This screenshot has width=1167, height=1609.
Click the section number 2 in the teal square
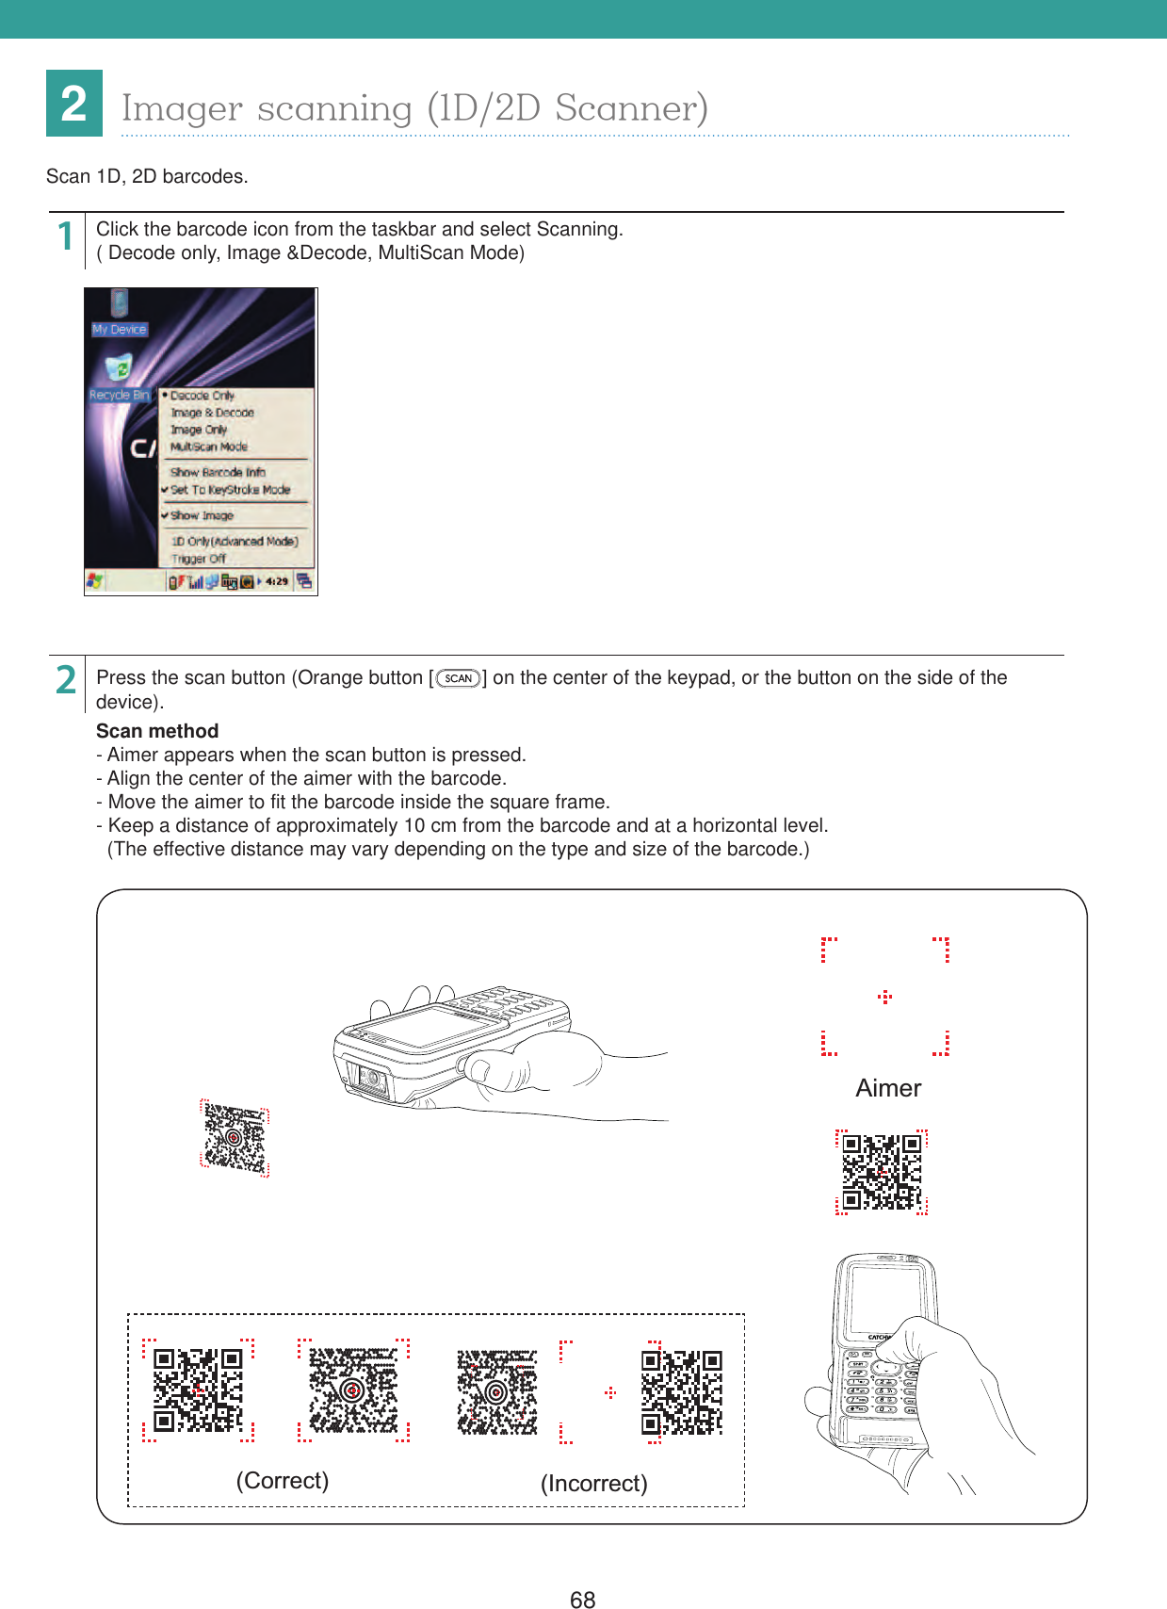pos(74,104)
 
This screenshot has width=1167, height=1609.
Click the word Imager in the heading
pos(182,108)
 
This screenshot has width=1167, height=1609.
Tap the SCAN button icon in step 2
pos(459,678)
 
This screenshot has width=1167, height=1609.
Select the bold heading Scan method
pos(157,731)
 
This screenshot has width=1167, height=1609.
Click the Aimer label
pos(887,1088)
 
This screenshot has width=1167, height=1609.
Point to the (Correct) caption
pos(283,1480)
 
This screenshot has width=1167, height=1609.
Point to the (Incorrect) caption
pos(593,1483)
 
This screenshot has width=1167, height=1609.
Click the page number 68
pos(582,1599)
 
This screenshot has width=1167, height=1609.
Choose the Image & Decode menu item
pos(212,413)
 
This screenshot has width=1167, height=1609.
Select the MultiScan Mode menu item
pos(209,447)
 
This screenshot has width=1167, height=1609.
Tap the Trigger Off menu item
pos(198,559)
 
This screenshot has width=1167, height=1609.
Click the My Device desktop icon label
pos(119,330)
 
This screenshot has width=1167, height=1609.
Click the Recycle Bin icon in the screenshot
pos(119,368)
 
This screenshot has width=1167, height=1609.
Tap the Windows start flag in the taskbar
pos(95,580)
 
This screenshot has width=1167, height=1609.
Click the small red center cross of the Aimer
pos(884,997)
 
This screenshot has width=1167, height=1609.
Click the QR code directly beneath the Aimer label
pos(882,1172)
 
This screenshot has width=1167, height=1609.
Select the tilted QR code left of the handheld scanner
pos(235,1138)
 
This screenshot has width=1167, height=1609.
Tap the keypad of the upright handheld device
pos(881,1390)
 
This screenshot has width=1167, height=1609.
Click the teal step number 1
pos(65,236)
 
